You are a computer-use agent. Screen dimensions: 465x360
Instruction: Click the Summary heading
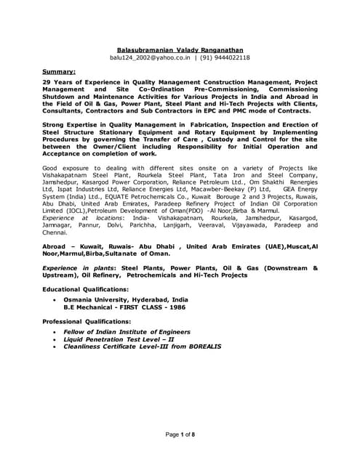pos(58,72)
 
